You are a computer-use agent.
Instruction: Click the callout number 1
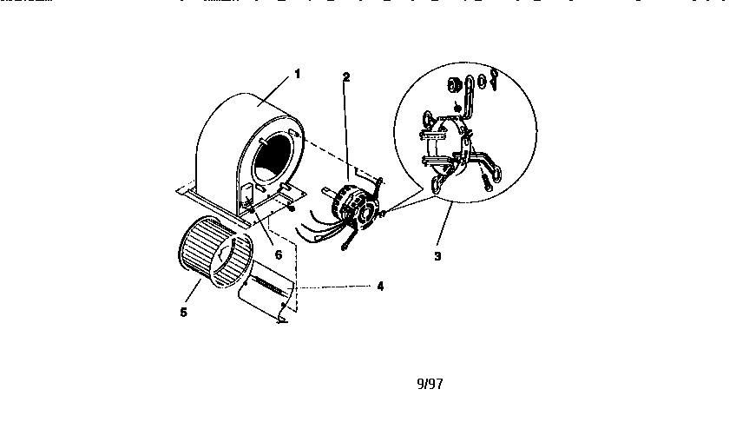click(x=297, y=74)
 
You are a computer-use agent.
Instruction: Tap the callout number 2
click(x=346, y=77)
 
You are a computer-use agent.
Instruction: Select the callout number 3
click(x=437, y=256)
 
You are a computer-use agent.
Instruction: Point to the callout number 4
click(x=380, y=286)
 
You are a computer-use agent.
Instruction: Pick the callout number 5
click(x=183, y=313)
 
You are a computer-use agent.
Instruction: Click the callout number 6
click(x=279, y=255)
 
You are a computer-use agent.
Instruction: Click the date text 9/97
click(x=430, y=384)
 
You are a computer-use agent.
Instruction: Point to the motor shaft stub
click(x=326, y=191)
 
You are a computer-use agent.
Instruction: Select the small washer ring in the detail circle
click(x=482, y=82)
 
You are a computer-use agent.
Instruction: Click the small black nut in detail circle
click(x=457, y=109)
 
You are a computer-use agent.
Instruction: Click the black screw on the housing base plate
click(x=292, y=208)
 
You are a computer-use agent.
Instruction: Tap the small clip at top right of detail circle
click(x=493, y=79)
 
